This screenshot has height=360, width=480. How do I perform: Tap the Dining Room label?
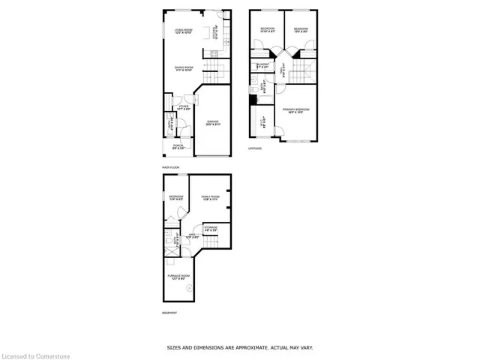click(x=175, y=68)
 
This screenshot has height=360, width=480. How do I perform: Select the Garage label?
click(x=214, y=124)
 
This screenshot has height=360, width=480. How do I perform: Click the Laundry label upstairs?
click(x=262, y=65)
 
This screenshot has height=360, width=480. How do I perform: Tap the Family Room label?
click(x=209, y=198)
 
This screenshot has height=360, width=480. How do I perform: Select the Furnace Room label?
click(x=178, y=277)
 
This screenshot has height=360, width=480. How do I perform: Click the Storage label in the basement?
click(x=211, y=228)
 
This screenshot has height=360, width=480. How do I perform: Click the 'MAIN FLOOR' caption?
click(x=169, y=167)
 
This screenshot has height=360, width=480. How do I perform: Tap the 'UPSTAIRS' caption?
click(x=255, y=148)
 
